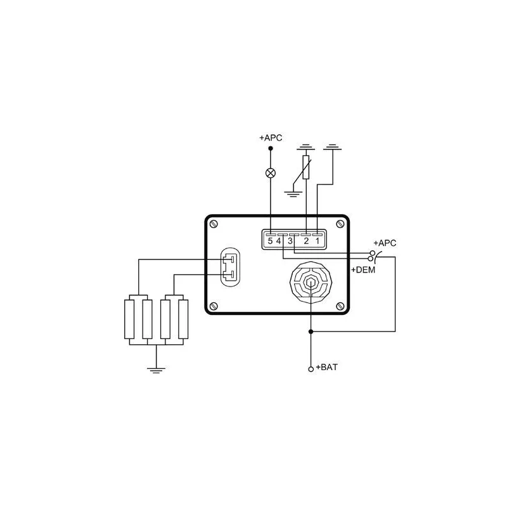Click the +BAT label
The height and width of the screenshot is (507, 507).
pyautogui.click(x=326, y=368)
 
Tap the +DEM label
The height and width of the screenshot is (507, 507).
pyautogui.click(x=363, y=270)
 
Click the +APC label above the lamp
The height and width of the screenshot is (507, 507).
pyautogui.click(x=271, y=138)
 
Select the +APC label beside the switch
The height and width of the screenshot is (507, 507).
pyautogui.click(x=385, y=243)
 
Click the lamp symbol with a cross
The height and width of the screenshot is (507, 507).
pyautogui.click(x=271, y=173)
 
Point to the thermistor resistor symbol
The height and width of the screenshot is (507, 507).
pyautogui.click(x=306, y=167)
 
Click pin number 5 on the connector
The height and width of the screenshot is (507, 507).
pyautogui.click(x=271, y=241)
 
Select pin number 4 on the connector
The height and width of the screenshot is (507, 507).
pyautogui.click(x=278, y=241)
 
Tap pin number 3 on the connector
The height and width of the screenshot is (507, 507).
pyautogui.click(x=290, y=241)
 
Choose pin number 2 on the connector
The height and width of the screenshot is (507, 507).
pyautogui.click(x=306, y=241)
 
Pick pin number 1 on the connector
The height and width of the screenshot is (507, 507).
pyautogui.click(x=318, y=241)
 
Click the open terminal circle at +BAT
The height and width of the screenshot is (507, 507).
pyautogui.click(x=311, y=369)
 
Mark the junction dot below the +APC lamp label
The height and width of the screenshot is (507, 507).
pyautogui.click(x=271, y=148)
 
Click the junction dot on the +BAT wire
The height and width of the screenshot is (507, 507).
pyautogui.click(x=311, y=331)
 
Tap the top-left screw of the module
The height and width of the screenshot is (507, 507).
pyautogui.click(x=214, y=224)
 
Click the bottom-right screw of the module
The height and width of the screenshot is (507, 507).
pyautogui.click(x=340, y=306)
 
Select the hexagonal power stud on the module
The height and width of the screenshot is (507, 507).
pyautogui.click(x=311, y=282)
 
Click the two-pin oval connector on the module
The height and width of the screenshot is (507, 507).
pyautogui.click(x=230, y=267)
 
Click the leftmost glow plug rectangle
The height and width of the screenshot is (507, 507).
pyautogui.click(x=129, y=319)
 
